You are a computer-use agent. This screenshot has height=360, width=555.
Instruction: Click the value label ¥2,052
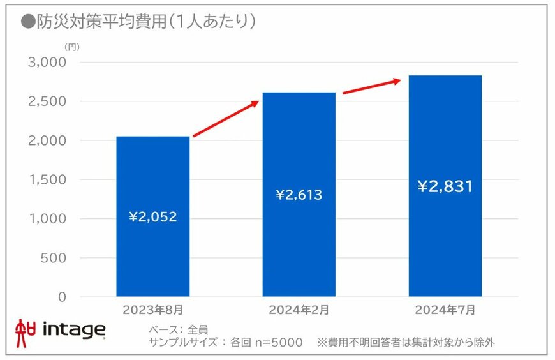152,217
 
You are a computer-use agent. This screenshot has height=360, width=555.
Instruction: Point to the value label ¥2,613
299,195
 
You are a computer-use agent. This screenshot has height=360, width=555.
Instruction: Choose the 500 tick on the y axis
52,258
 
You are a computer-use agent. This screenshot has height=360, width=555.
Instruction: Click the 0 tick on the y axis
61,297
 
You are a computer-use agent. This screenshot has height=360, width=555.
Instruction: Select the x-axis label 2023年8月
152,310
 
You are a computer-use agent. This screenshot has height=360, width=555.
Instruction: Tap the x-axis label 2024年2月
299,310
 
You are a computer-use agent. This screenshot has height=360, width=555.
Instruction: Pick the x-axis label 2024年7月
445,310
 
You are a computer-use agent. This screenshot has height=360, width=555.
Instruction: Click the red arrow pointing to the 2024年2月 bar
226,119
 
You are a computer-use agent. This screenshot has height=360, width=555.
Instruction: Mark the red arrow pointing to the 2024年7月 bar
372,86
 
